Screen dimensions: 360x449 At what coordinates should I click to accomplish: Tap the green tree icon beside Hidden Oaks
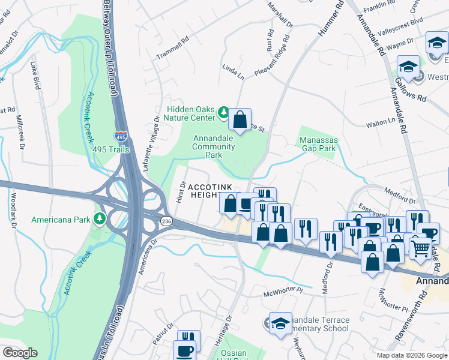pos(223,112)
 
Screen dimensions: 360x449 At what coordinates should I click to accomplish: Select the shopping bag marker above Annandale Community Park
pos(240,121)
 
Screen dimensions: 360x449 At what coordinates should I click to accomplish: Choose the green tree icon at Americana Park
pos(98,218)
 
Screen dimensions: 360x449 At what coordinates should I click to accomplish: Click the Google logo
pos(20,353)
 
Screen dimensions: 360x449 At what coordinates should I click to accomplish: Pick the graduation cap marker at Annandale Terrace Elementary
pos(280,325)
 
